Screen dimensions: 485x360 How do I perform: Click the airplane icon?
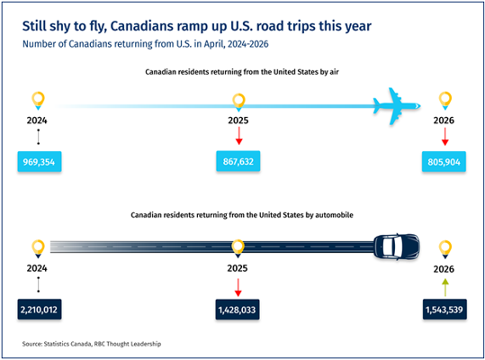coord(396,106)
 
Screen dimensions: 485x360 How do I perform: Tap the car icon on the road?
coord(397,247)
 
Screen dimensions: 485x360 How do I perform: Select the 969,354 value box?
coord(40,161)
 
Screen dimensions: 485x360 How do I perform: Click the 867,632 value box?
coord(238,161)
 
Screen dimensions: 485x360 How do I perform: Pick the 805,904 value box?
coord(444,161)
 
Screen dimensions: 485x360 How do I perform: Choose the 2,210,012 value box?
coord(40,310)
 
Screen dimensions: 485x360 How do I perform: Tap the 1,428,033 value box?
coord(238,310)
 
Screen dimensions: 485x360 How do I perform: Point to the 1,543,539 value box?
coord(445,310)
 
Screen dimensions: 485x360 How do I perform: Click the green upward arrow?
coord(445,287)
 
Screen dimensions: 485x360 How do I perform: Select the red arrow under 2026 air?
coord(445,137)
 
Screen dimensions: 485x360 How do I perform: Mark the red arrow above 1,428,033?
coord(238,288)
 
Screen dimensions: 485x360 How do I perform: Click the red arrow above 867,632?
coord(238,136)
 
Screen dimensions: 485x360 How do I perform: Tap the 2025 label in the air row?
coord(238,121)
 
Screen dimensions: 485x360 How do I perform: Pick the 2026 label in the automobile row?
coord(444,269)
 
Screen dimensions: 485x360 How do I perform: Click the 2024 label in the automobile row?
coord(37,268)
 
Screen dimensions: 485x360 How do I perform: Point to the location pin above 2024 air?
coord(38,100)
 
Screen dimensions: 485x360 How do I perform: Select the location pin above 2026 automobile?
coord(445,249)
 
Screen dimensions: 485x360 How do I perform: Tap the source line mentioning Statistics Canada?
coord(92,344)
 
